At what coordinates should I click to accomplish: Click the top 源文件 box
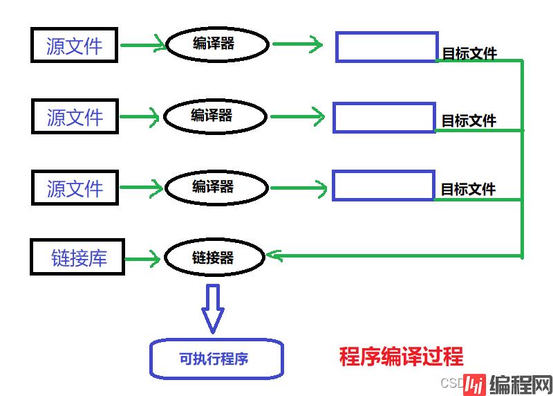click(x=75, y=45)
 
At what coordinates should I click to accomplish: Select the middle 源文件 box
click(x=75, y=116)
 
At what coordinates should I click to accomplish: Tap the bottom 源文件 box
click(x=75, y=188)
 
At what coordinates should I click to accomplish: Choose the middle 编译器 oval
click(x=214, y=116)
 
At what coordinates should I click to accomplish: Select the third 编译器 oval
click(x=215, y=187)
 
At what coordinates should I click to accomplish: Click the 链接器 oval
click(x=214, y=258)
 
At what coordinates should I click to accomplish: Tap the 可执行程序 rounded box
click(x=216, y=359)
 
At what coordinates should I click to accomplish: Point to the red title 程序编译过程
click(x=402, y=357)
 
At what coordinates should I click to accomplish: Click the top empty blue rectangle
click(x=387, y=46)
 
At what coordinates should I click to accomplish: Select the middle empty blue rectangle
click(x=384, y=118)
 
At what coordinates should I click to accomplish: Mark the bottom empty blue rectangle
click(x=384, y=186)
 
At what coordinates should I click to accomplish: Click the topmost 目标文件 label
click(x=469, y=53)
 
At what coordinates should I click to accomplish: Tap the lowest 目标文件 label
click(x=468, y=189)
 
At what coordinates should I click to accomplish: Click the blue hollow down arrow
click(x=214, y=308)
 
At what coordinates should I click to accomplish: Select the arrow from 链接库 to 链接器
click(x=143, y=258)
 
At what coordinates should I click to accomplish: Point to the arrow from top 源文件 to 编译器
click(x=143, y=46)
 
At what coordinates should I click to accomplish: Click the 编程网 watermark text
click(x=521, y=384)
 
